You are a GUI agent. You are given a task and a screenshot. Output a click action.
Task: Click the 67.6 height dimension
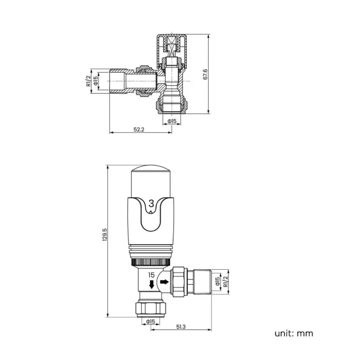click(x=205, y=74)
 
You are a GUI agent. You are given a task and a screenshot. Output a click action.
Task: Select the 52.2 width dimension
click(x=139, y=130)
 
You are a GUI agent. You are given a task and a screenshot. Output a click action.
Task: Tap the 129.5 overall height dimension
click(x=105, y=235)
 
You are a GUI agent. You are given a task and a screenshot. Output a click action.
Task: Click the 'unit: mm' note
click(x=294, y=333)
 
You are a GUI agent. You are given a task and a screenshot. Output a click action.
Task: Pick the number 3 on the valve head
click(x=152, y=204)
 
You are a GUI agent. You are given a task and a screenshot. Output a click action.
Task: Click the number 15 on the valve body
click(x=151, y=275)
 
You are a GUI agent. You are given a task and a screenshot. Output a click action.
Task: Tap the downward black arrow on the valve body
click(x=151, y=285)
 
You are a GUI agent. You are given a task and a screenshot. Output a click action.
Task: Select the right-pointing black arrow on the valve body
click(x=164, y=282)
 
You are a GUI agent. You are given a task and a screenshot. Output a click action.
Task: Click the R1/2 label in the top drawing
click(x=88, y=81)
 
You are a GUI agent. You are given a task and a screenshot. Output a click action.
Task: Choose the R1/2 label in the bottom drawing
click(x=225, y=282)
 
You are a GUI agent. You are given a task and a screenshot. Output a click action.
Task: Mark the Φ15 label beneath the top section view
click(x=172, y=121)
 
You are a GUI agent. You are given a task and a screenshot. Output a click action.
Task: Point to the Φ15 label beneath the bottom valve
click(x=150, y=321)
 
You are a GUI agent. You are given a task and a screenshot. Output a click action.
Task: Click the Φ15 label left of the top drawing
click(x=95, y=81)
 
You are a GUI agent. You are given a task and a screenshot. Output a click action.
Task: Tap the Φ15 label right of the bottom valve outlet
click(x=218, y=282)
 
